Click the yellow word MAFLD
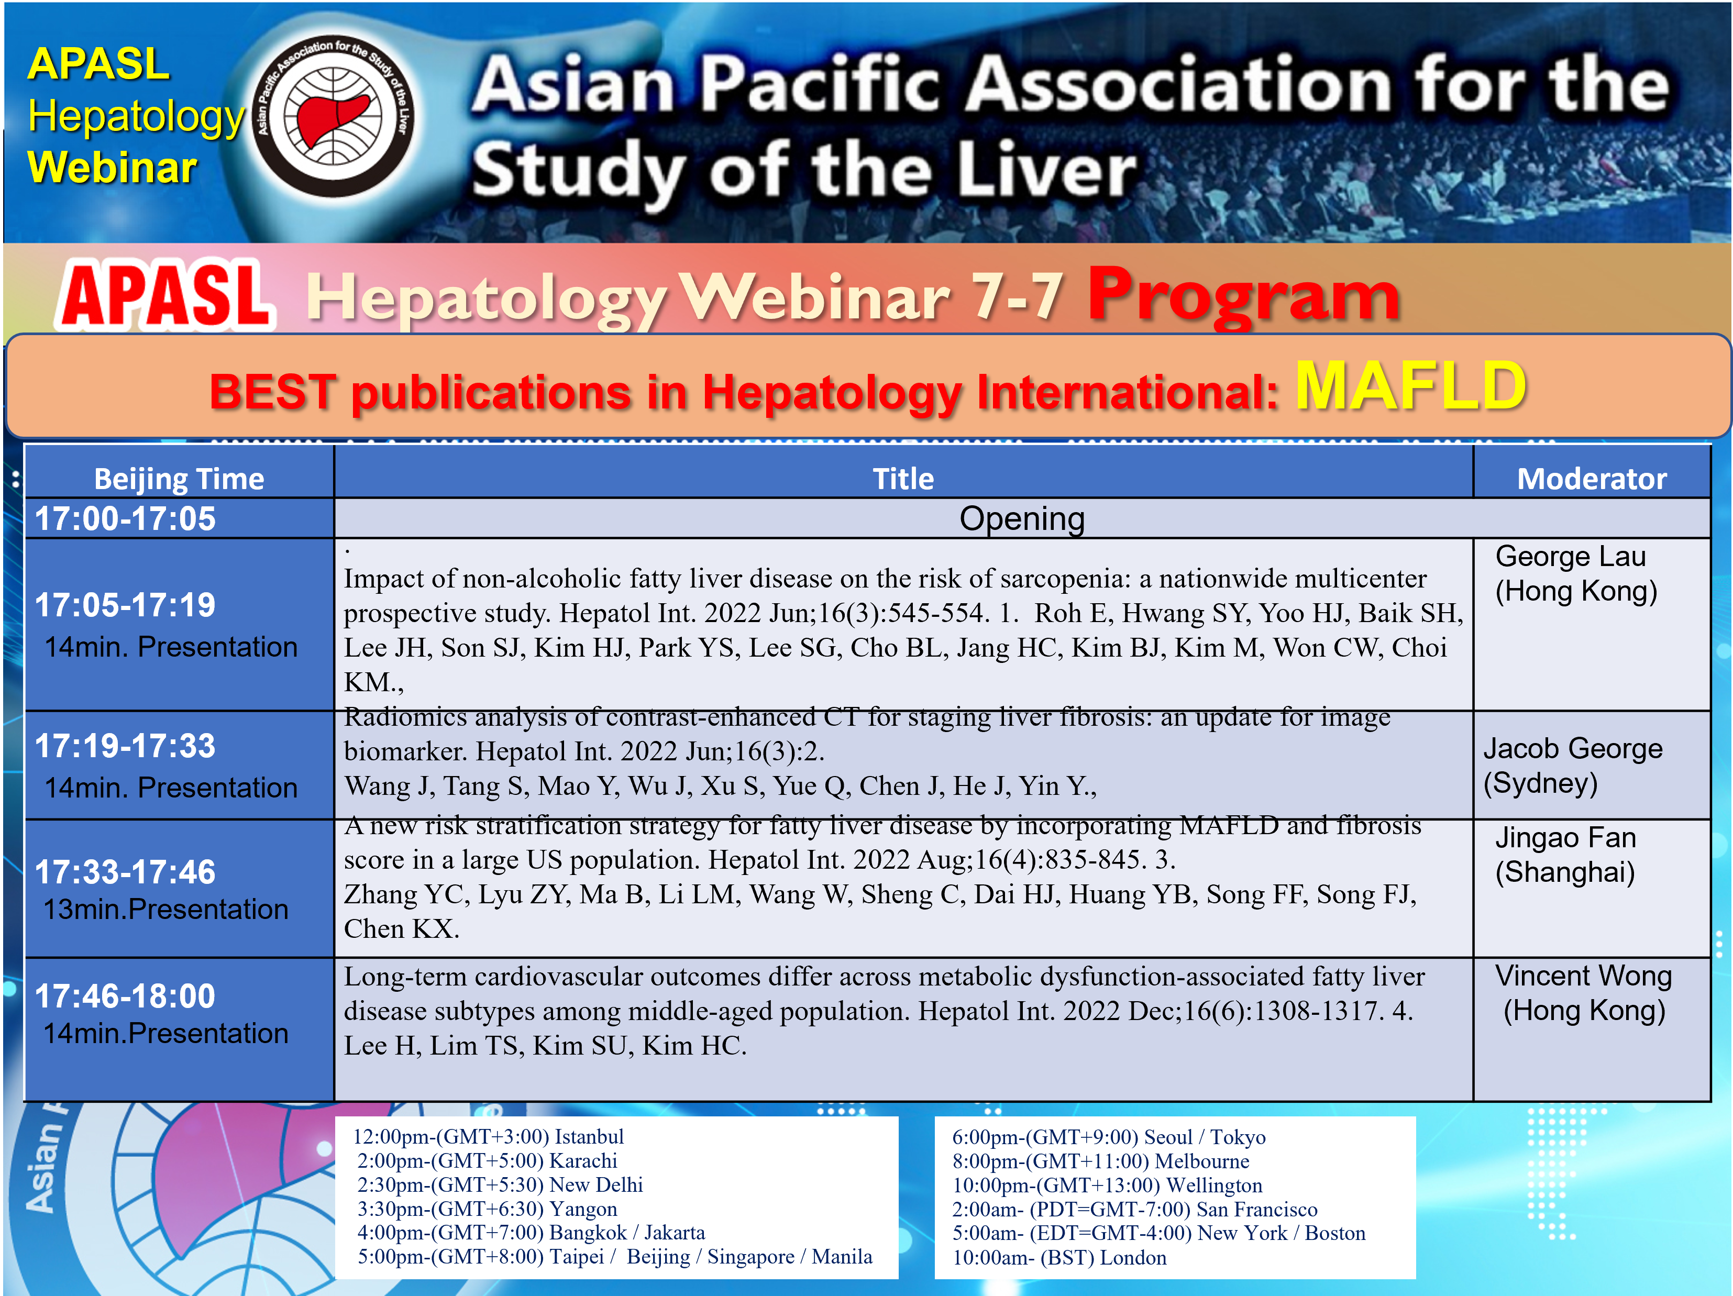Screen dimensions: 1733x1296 pos(1410,386)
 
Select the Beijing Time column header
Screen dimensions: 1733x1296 pos(180,479)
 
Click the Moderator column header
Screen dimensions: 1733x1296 pos(1591,479)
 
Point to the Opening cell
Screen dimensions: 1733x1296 pos(1022,519)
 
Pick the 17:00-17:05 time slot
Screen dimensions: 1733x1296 pos(125,519)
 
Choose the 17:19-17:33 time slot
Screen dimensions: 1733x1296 pos(125,746)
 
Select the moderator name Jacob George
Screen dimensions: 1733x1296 pos(1572,748)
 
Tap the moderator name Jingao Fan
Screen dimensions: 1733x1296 pos(1565,838)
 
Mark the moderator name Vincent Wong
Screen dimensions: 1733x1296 pos(1583,976)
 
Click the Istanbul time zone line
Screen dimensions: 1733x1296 pos(488,1137)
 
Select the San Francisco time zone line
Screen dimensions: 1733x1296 pos(1134,1210)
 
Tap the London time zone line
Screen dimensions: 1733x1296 pos(1059,1258)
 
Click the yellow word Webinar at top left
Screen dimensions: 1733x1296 pos(112,168)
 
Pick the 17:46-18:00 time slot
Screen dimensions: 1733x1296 pos(125,996)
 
